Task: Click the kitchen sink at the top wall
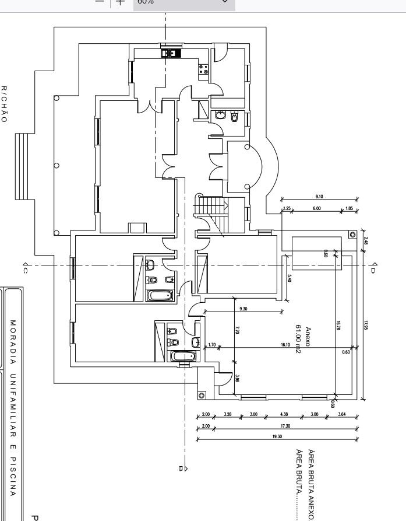click(171, 53)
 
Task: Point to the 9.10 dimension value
click(319, 197)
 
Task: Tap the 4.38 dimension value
click(284, 415)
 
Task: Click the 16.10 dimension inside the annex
click(285, 345)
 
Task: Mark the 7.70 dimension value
click(237, 330)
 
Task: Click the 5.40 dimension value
click(290, 279)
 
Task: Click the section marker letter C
click(26, 269)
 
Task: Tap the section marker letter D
click(373, 269)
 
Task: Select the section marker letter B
click(181, 468)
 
